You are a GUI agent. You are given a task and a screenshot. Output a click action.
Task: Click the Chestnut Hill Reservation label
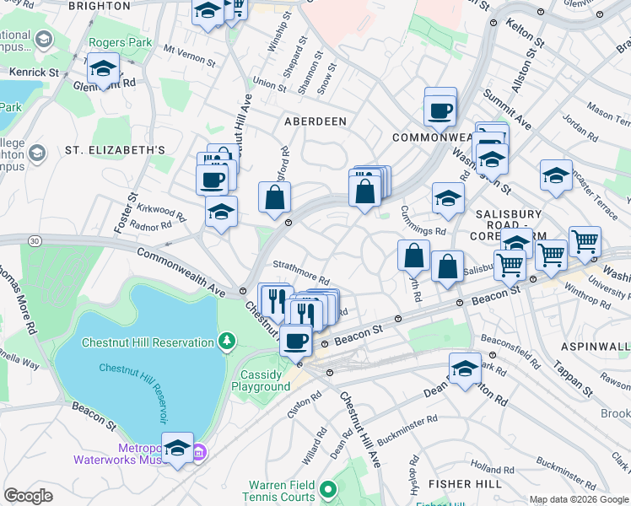(148, 342)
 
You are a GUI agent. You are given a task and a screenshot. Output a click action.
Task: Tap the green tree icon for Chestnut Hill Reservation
(225, 341)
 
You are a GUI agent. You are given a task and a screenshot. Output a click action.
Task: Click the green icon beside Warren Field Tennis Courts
(327, 487)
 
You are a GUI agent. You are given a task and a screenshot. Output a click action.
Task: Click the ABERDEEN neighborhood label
(315, 121)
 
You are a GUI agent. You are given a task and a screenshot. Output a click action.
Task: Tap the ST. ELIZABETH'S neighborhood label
(115, 151)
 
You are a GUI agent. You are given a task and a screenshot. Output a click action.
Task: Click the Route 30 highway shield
(34, 241)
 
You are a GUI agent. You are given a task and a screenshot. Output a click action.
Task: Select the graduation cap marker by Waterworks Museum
(177, 448)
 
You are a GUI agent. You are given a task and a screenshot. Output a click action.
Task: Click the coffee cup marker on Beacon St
(295, 341)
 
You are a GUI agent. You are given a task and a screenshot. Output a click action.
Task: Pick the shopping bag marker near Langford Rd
(275, 198)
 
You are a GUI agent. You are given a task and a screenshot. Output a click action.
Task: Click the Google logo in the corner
(29, 496)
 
